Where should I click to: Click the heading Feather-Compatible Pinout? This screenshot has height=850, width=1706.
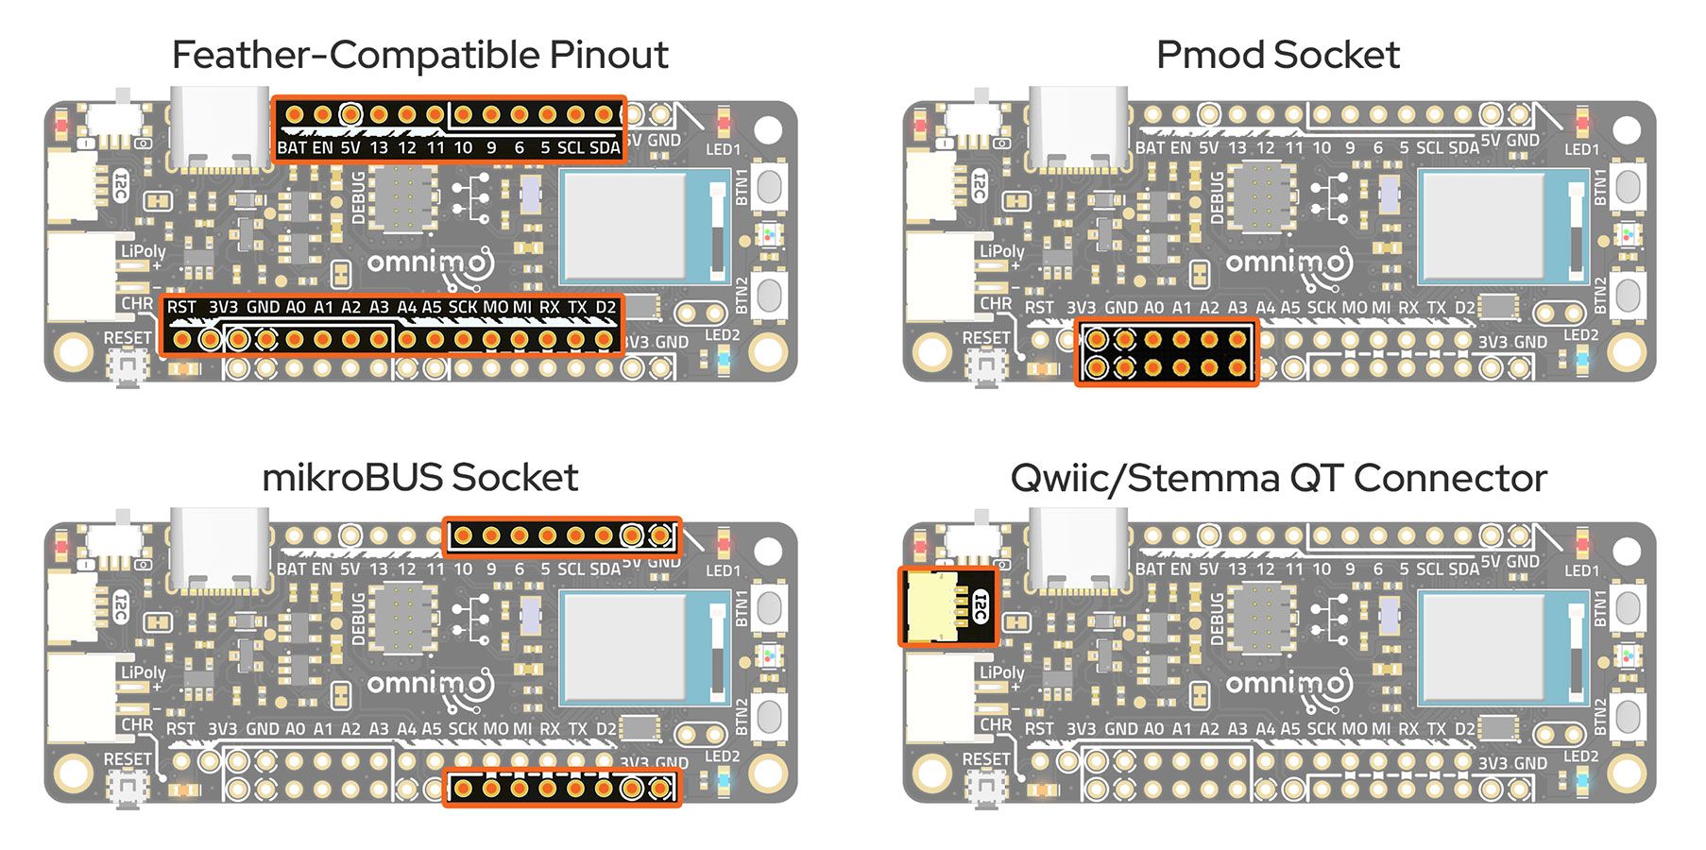coord(419,55)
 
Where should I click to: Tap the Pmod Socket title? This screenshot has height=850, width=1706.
coord(1277,55)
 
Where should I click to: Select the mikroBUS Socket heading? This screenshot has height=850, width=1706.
coord(419,477)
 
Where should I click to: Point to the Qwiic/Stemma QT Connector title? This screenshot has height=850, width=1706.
coord(1277,478)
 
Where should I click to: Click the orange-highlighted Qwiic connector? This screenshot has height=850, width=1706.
coord(947,606)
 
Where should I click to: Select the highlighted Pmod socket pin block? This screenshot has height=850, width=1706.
coord(1167,353)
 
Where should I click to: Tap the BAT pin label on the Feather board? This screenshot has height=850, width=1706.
coord(291,148)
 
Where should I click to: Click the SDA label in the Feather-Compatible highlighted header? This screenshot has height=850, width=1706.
coord(605,148)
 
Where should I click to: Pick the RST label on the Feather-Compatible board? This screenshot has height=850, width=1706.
coord(181,307)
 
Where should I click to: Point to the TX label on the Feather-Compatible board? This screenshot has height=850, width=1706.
coord(577,307)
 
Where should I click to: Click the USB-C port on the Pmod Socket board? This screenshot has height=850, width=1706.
coord(1078,127)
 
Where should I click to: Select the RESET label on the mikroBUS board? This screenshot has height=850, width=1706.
coord(128,759)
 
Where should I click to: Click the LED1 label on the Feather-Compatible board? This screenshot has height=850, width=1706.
coord(724,149)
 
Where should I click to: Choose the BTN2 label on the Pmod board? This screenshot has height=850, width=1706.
coord(1600,296)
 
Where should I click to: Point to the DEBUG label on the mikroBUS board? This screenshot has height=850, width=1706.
coord(358,619)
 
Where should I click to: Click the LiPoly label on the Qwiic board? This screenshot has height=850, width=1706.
coord(1001,672)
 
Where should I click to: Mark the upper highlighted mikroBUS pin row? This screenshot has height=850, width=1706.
coord(561,536)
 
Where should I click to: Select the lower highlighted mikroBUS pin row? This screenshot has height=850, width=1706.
coord(561,788)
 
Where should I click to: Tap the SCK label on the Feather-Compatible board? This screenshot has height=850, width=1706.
coord(463,307)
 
